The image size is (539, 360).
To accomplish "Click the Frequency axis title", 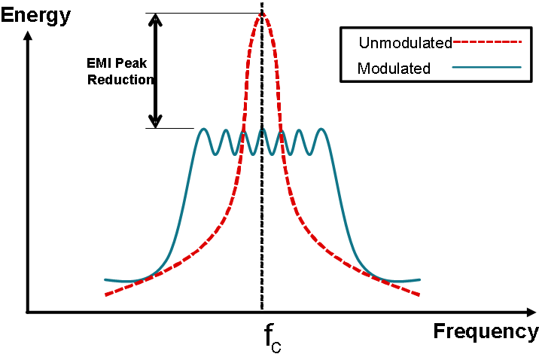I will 486,331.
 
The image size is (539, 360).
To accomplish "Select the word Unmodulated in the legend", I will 404,42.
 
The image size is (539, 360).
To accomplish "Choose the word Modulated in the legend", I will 394,68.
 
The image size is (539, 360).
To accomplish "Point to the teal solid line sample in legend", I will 487,68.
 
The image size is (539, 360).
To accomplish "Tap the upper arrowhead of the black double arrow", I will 155,20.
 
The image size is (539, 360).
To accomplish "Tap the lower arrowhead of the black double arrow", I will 155,120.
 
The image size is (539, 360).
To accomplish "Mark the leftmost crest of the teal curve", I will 203,130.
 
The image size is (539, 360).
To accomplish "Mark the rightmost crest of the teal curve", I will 322,130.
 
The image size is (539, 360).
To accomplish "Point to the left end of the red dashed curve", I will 105,294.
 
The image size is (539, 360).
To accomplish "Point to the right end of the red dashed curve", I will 419,294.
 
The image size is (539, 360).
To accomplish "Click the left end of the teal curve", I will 105,279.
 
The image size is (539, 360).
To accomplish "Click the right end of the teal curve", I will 419,279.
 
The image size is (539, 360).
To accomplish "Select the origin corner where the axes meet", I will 28,311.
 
